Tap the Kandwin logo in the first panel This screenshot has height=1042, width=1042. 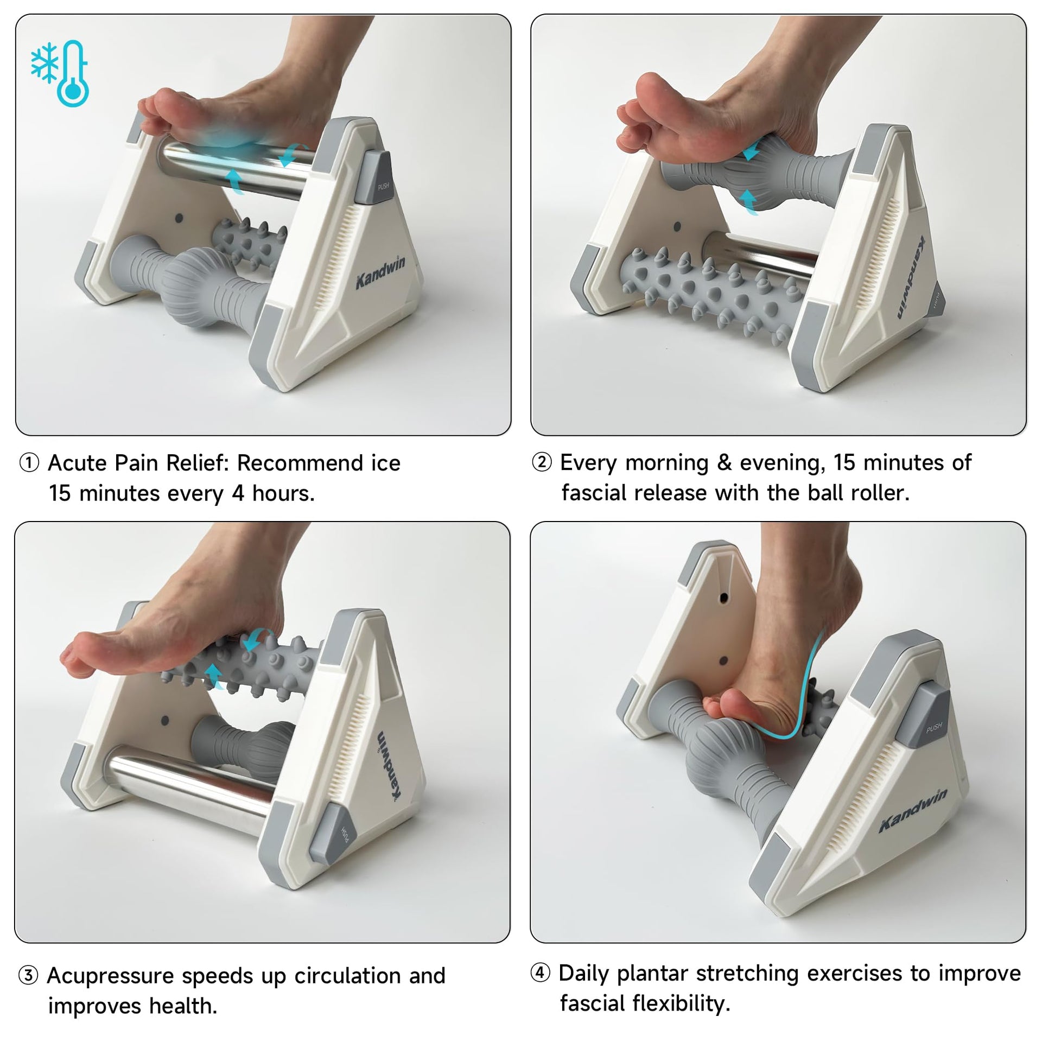tap(380, 272)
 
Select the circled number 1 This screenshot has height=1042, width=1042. tap(29, 463)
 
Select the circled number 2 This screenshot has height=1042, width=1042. tap(542, 463)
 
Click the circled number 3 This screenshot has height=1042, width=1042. tap(28, 976)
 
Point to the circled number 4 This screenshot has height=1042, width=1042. tap(540, 973)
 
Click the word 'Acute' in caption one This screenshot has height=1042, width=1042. tap(78, 463)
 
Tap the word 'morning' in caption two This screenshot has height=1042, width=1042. tap(667, 463)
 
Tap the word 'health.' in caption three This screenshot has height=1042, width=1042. tap(183, 1006)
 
